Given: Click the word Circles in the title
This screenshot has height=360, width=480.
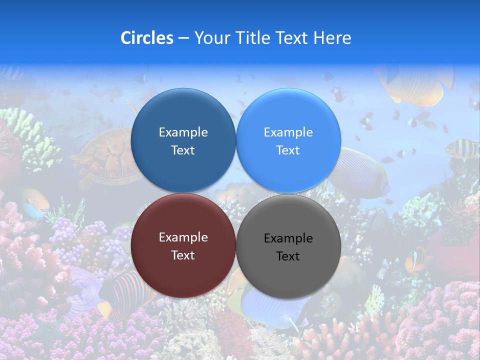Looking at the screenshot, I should [x=146, y=38].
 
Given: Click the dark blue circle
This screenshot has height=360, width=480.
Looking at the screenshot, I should [x=183, y=140].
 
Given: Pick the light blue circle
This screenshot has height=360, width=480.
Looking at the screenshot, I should [x=288, y=140].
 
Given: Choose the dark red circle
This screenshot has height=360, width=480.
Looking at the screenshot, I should [x=183, y=245].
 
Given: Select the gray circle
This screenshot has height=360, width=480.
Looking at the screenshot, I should [x=288, y=246].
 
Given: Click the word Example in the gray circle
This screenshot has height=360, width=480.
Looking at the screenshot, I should [x=288, y=238].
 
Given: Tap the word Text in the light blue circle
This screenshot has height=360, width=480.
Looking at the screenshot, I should [x=288, y=150].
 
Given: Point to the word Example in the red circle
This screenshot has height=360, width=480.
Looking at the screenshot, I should [x=183, y=237].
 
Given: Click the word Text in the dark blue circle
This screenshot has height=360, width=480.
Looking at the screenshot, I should [x=183, y=150].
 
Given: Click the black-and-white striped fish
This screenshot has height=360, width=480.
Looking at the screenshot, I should [x=461, y=147].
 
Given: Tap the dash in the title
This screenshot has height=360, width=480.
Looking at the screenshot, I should [x=183, y=38].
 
